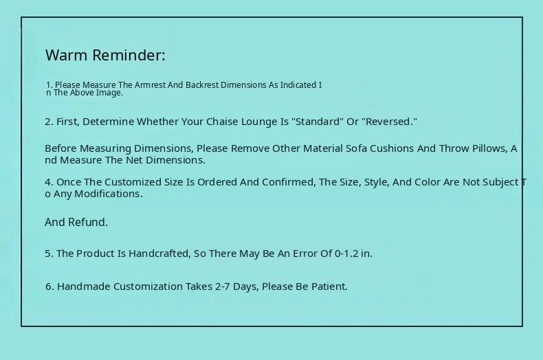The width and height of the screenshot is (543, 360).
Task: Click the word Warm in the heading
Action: tap(67, 55)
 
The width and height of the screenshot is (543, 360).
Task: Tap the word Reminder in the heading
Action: tap(129, 55)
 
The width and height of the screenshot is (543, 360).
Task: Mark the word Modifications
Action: tap(109, 194)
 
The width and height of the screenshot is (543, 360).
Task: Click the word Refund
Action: tap(88, 222)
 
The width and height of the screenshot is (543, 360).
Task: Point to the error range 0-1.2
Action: tap(346, 254)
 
